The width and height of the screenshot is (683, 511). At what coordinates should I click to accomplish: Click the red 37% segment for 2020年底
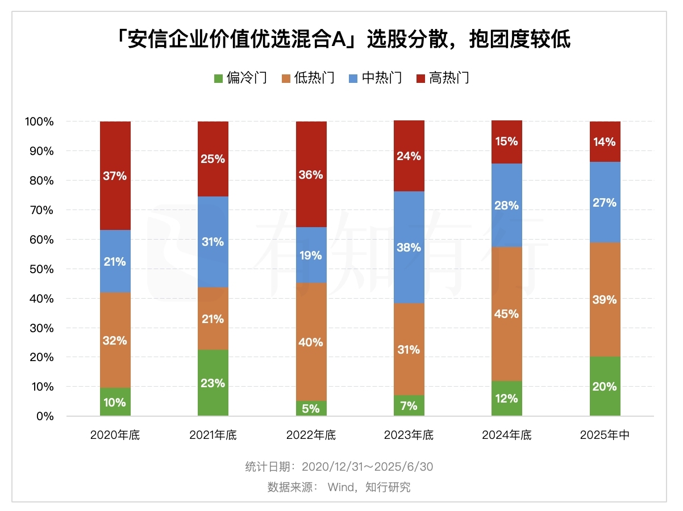pos(115,175)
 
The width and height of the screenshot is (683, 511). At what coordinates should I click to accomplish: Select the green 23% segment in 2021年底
pos(213,383)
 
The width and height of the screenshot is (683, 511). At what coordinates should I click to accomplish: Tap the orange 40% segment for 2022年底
pos(311,342)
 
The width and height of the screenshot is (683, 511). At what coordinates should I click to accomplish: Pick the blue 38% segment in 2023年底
pos(409,247)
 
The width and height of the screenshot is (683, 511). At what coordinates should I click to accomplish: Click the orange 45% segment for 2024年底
pos(507,313)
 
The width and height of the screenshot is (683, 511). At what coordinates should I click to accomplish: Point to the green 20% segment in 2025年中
pos(605,386)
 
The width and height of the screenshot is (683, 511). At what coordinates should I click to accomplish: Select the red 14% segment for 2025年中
pos(605,142)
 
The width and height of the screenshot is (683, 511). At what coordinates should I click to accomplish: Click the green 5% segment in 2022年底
pos(311,408)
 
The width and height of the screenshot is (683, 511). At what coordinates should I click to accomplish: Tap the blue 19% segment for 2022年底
pos(311,255)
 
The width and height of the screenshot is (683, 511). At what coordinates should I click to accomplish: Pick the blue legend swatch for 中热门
pos(352,78)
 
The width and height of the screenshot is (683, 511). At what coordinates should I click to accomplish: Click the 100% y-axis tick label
pos(39,122)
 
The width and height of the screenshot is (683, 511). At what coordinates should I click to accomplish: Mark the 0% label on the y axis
pos(45,416)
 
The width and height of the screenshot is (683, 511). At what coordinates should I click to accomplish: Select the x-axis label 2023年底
pos(409,435)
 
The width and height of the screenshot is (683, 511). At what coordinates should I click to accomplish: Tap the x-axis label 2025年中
pos(605,435)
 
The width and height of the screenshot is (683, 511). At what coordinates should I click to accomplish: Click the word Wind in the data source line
pos(340,487)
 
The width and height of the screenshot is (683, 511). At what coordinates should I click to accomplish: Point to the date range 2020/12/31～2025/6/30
pos(367,467)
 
